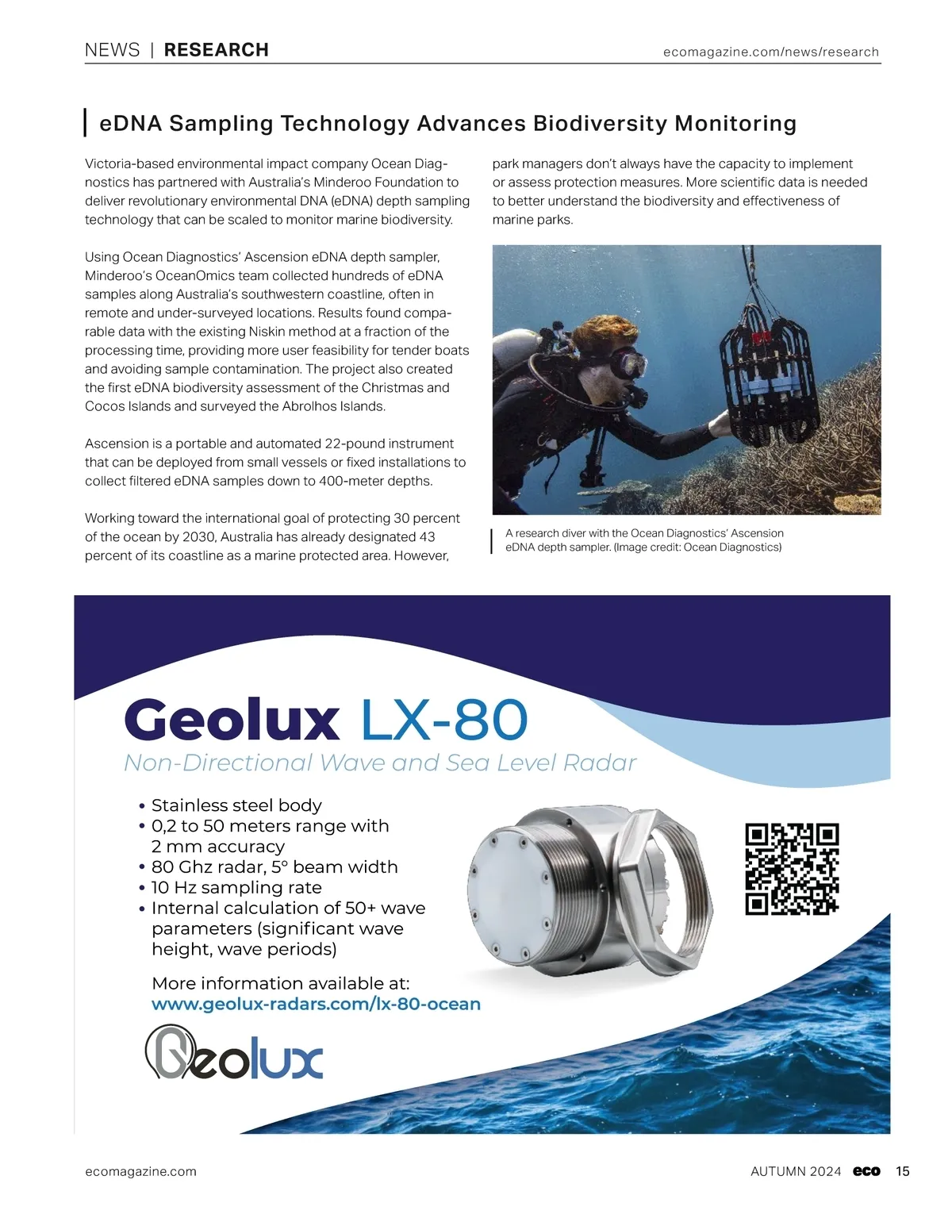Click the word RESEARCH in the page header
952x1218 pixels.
[x=216, y=50]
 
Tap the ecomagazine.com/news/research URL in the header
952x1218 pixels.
[x=770, y=52]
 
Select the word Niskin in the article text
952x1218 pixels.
[x=267, y=332]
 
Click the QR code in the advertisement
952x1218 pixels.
[x=792, y=869]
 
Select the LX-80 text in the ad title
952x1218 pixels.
[x=444, y=720]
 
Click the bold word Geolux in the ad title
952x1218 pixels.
[x=232, y=720]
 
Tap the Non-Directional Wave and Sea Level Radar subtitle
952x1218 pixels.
[x=380, y=763]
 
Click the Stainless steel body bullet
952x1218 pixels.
[x=236, y=805]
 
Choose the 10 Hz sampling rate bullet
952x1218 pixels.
[x=236, y=887]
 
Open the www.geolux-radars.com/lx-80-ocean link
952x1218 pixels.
[x=316, y=1004]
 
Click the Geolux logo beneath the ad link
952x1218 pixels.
[x=234, y=1053]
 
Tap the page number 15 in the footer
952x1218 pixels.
[x=903, y=1171]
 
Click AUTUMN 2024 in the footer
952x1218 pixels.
[x=796, y=1171]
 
